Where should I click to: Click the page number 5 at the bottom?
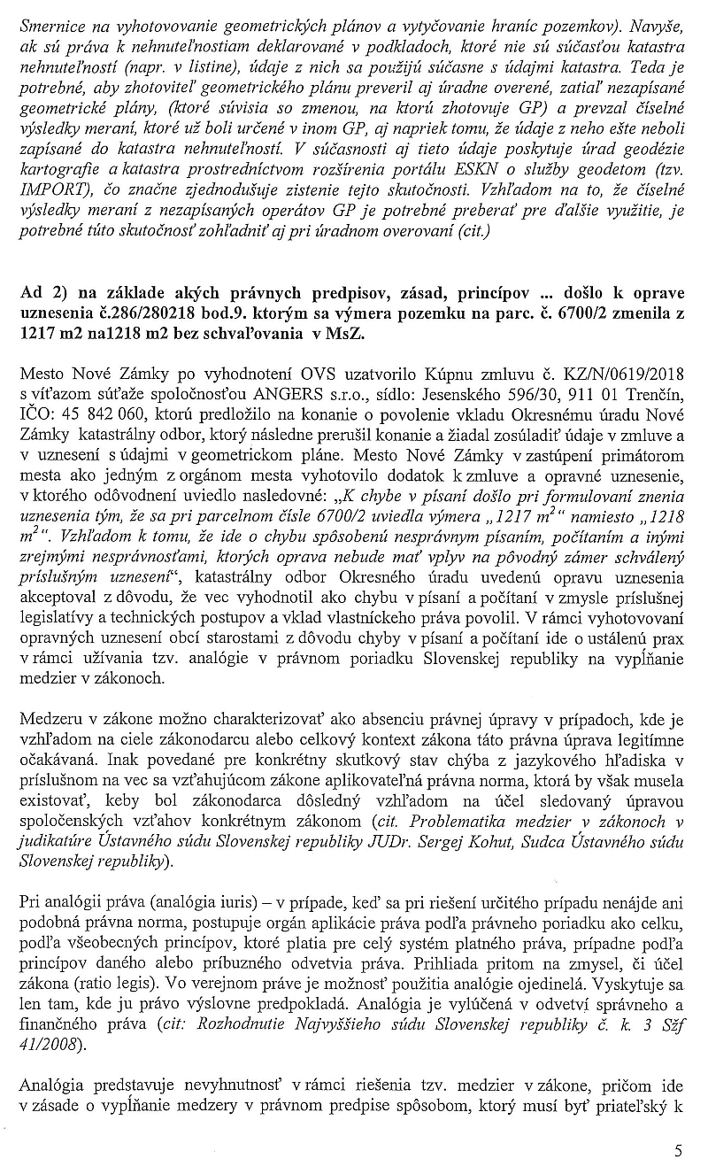click(678, 1151)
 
